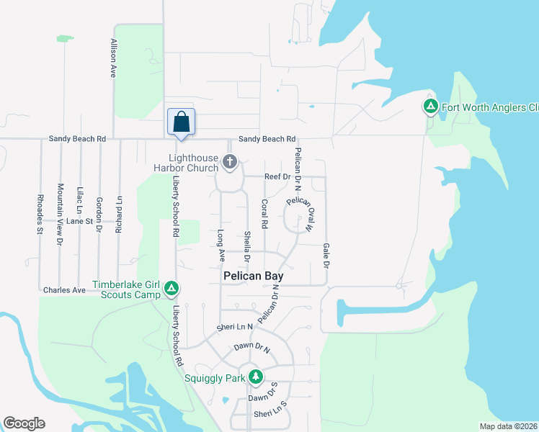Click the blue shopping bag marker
[181, 122]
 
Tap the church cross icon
[230, 162]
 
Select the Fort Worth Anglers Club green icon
[431, 108]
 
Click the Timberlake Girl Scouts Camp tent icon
[171, 289]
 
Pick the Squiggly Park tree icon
[255, 377]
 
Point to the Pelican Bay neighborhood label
[252, 276]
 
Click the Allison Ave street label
[113, 58]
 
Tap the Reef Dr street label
[277, 176]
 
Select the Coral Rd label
[265, 214]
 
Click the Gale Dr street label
[326, 256]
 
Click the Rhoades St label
[40, 214]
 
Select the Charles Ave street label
[65, 290]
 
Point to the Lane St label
[80, 222]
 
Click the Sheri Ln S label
[270, 414]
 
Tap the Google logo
[24, 423]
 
